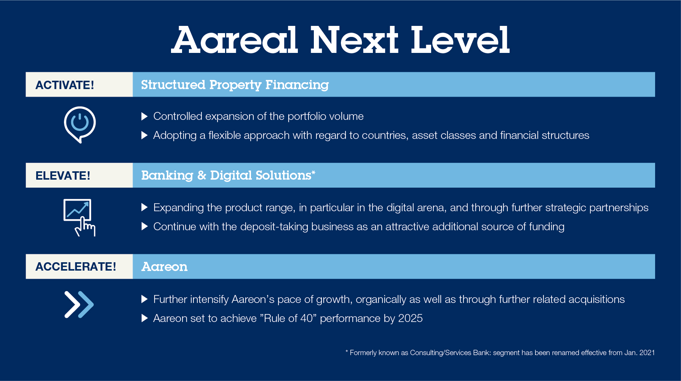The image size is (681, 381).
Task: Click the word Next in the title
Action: pyautogui.click(x=354, y=40)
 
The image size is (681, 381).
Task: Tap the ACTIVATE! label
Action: pyautogui.click(x=65, y=85)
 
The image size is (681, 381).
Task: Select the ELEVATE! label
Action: pyautogui.click(x=63, y=175)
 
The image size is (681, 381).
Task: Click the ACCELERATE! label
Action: pyautogui.click(x=76, y=266)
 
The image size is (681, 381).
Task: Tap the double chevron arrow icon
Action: pyautogui.click(x=79, y=304)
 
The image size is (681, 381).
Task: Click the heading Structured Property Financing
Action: pyautogui.click(x=235, y=85)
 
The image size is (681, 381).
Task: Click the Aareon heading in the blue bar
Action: pyautogui.click(x=165, y=267)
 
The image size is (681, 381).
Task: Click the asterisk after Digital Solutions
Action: pyautogui.click(x=313, y=173)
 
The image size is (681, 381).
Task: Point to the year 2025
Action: pyautogui.click(x=410, y=318)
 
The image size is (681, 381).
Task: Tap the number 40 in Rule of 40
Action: pyautogui.click(x=307, y=318)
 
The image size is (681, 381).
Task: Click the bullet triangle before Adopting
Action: pyautogui.click(x=144, y=135)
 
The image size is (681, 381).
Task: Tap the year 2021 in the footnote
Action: pyautogui.click(x=647, y=353)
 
